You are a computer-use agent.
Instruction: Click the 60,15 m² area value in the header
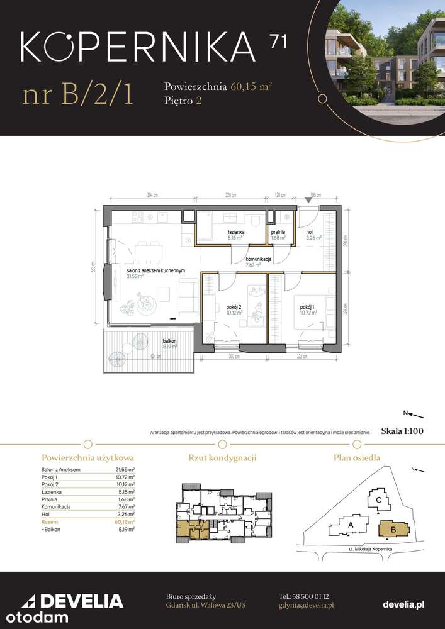[251, 86]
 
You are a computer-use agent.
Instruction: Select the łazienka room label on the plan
[236, 231]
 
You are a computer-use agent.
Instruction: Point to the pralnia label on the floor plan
[278, 231]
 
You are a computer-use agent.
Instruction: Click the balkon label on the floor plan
[169, 341]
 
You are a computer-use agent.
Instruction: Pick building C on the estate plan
[378, 499]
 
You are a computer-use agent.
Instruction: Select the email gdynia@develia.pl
[306, 604]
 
